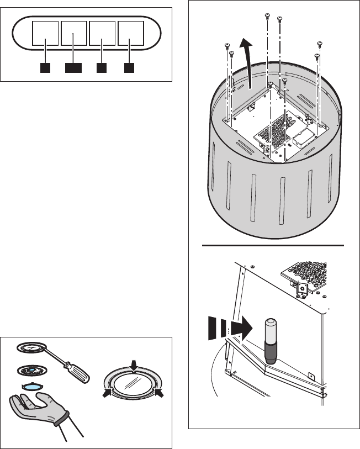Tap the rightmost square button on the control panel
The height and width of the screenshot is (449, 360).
(x=131, y=34)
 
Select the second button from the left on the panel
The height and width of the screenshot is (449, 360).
(x=74, y=34)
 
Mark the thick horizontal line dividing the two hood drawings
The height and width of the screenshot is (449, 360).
(x=274, y=244)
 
